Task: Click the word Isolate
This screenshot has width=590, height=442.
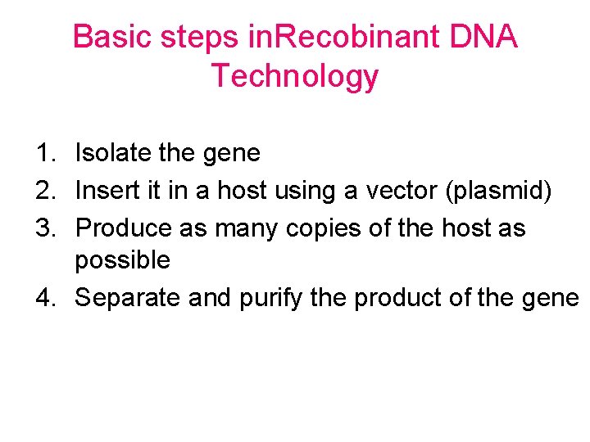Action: point(111,153)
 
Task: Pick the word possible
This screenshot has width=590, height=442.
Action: point(122,261)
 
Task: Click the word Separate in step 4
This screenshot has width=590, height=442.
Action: point(127,298)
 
